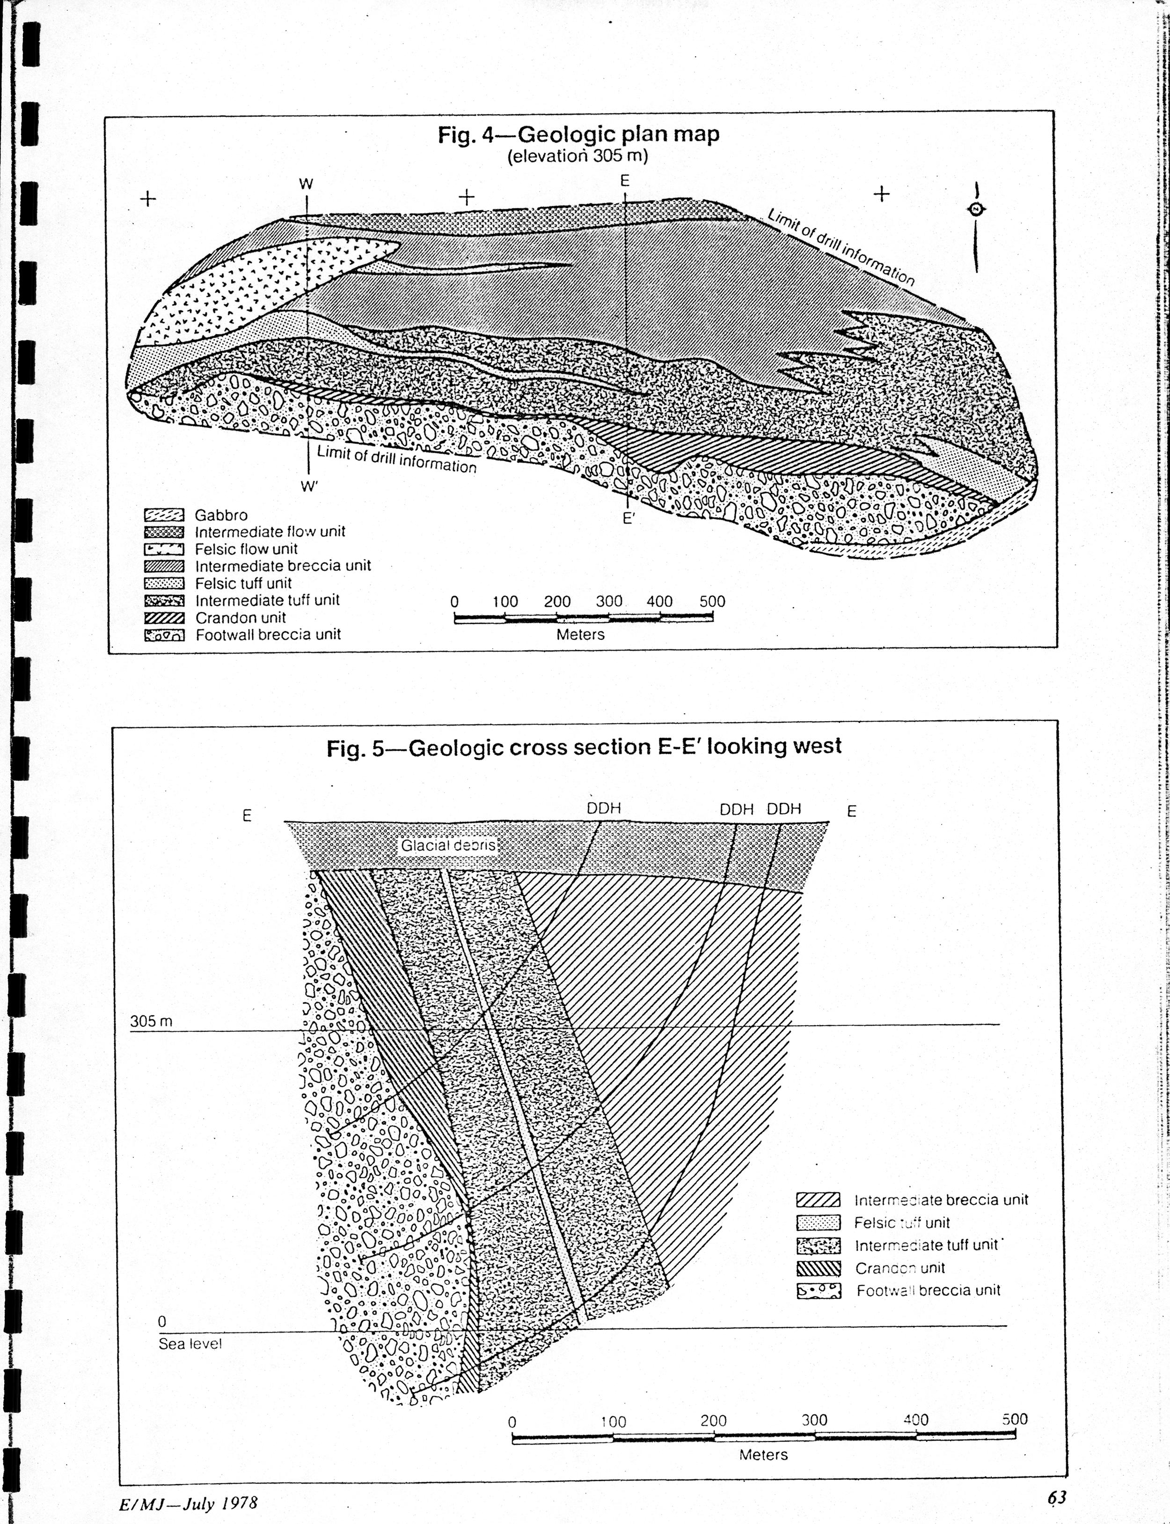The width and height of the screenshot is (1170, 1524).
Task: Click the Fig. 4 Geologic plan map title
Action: [x=578, y=134]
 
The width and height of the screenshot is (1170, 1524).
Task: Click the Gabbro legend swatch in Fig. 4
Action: [x=164, y=516]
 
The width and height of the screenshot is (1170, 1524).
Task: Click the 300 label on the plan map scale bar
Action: [x=609, y=601]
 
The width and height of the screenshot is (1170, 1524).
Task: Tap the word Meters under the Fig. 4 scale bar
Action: [x=580, y=635]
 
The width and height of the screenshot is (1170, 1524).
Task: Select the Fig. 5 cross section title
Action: [x=584, y=747]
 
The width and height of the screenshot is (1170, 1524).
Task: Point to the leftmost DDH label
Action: [x=603, y=808]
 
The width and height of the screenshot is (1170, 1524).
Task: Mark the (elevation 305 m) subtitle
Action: [x=578, y=156]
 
